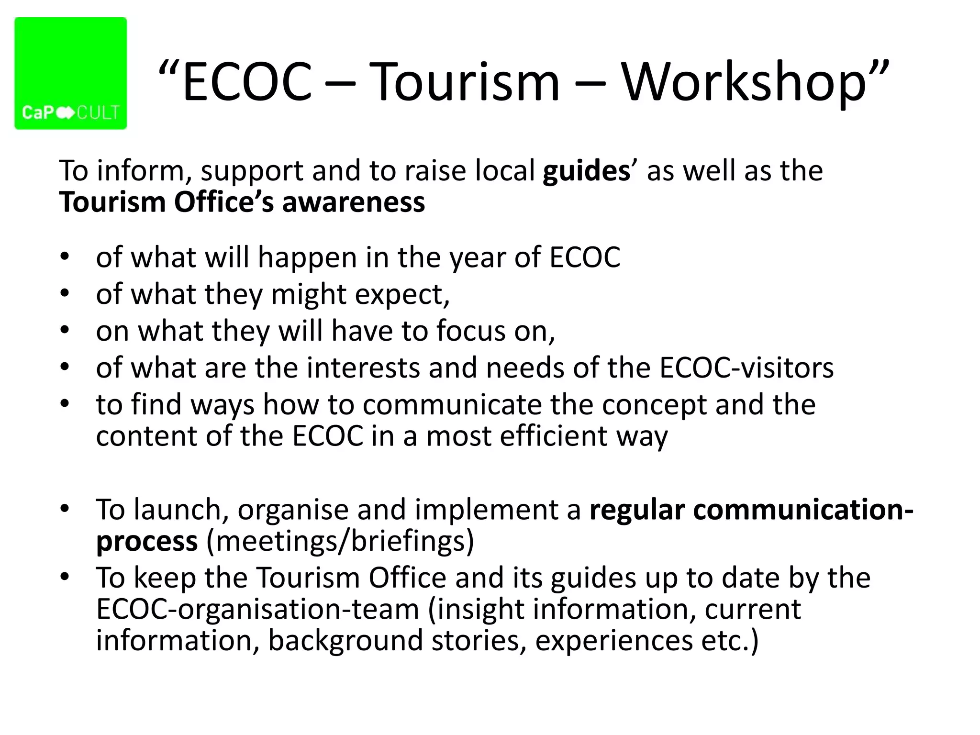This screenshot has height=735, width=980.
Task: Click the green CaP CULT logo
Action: pyautogui.click(x=70, y=73)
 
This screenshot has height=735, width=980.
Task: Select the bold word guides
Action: pyautogui.click(x=586, y=171)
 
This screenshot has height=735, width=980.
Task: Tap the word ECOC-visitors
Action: pyautogui.click(x=746, y=368)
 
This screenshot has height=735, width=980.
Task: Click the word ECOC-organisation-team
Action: pyautogui.click(x=257, y=610)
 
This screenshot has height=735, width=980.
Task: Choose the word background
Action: pyautogui.click(x=345, y=641)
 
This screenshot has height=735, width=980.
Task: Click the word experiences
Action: pyautogui.click(x=613, y=641)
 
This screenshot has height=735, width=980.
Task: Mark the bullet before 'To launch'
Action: pyautogui.click(x=65, y=509)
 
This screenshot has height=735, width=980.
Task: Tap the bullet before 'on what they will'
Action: pyautogui.click(x=65, y=330)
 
